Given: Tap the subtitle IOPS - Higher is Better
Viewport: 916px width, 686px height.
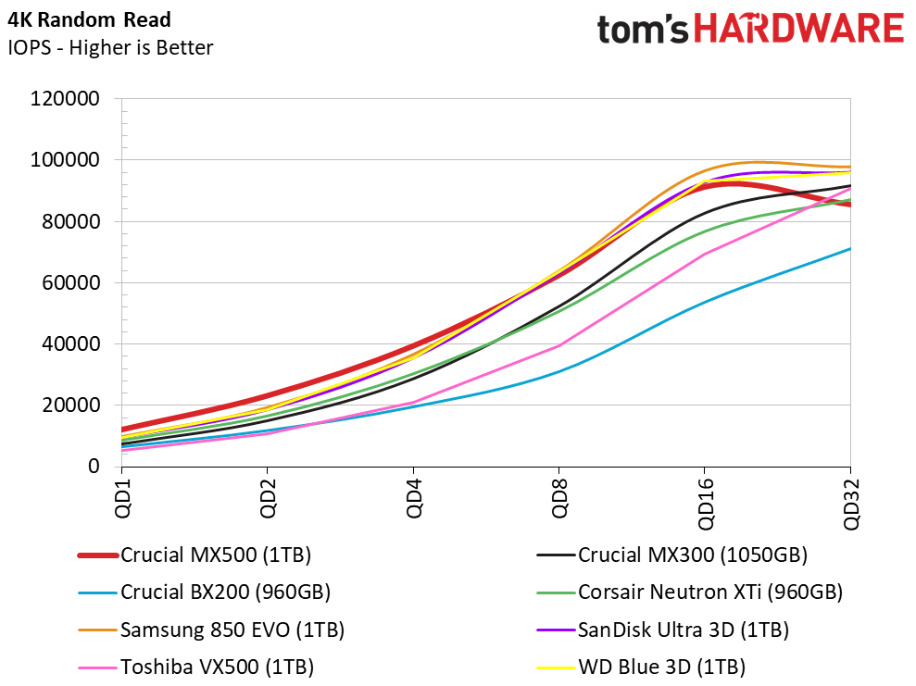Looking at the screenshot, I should point(110,47).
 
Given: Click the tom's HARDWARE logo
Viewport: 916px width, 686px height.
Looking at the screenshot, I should point(750,30).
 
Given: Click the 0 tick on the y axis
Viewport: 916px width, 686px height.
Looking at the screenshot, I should point(94,467).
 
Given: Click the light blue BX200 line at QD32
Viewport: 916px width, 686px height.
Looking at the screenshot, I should point(849,248).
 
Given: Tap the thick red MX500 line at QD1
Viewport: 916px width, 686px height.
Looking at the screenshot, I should point(122,430).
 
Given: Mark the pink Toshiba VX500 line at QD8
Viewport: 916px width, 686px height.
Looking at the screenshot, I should point(558,345).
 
